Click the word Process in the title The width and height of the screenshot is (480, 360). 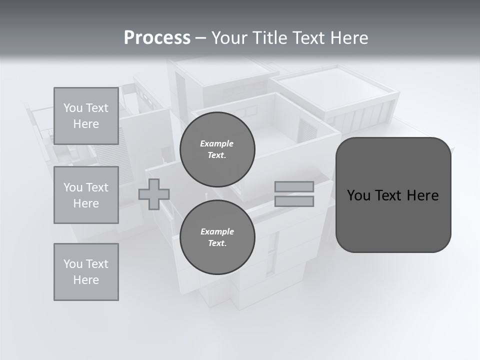point(157,38)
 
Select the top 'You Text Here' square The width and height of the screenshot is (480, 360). point(86,116)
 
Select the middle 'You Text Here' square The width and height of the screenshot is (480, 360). point(86,195)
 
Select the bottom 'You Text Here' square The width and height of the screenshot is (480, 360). point(86,272)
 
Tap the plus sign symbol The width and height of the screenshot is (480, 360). point(154,194)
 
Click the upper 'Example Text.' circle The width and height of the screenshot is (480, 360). point(217,149)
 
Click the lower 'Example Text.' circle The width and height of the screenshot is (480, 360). point(217,237)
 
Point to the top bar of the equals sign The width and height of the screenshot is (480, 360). point(294,187)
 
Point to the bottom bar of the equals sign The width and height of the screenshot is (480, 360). point(294,201)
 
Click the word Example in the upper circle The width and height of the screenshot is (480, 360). point(217,143)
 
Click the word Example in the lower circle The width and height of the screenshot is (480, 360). point(217,231)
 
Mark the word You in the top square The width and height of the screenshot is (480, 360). point(72,108)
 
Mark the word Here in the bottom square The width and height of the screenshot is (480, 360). point(86,280)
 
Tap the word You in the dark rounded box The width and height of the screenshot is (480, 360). point(358,195)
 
